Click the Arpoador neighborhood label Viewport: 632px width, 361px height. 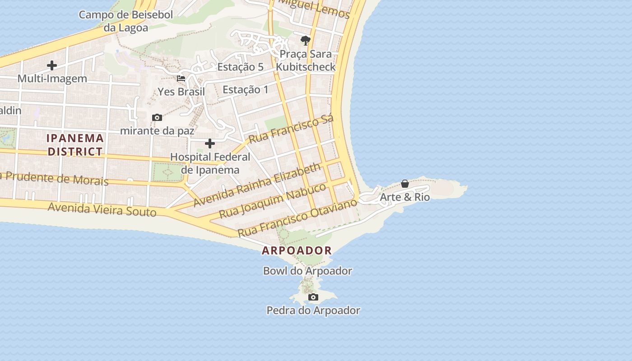pos(297,250)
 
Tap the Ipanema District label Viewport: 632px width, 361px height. pos(75,145)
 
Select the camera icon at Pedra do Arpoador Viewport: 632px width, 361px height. pos(313,297)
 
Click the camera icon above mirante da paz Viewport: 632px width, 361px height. pos(157,117)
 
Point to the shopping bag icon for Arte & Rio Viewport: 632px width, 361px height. pos(405,184)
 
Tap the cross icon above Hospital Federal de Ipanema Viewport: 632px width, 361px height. pos(210,143)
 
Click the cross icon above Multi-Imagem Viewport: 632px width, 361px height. pos(52,65)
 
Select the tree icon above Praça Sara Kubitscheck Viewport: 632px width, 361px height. pos(306,41)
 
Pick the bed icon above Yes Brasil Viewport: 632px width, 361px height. pos(181,78)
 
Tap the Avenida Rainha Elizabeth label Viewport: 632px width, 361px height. pos(257,185)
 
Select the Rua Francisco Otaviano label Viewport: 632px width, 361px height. pos(297,218)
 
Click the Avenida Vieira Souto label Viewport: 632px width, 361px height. pos(102,209)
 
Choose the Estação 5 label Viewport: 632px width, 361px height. pos(240,67)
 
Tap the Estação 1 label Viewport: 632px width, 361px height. pos(246,90)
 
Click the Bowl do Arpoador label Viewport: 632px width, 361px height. pos(307,271)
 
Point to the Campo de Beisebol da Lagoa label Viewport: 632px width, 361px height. pos(125,21)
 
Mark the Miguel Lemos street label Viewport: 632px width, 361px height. pos(314,9)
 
